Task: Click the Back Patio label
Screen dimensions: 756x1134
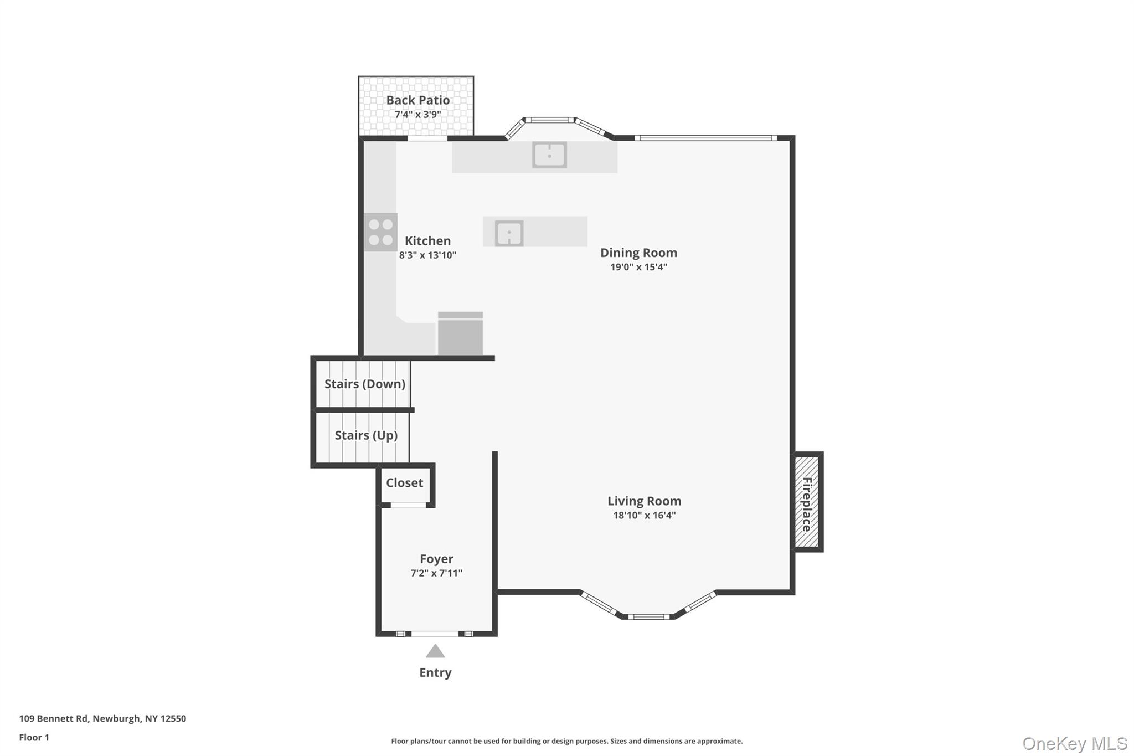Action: tap(417, 100)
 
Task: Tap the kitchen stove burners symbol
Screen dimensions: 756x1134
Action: tap(381, 232)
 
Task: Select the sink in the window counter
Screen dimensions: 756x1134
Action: tap(549, 155)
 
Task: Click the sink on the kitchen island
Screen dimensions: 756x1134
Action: tap(509, 233)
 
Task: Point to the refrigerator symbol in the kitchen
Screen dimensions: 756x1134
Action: tap(460, 334)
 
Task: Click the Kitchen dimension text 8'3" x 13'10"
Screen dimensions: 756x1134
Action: tap(427, 255)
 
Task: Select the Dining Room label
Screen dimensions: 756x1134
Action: tap(638, 253)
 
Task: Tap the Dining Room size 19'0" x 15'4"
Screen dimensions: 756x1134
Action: tap(638, 267)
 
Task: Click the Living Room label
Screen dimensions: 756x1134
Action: tap(644, 501)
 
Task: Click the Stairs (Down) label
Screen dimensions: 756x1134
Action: tap(364, 384)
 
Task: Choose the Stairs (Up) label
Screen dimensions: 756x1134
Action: tap(366, 435)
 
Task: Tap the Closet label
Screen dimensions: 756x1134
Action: tap(404, 483)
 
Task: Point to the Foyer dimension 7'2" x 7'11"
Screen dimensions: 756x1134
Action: tap(436, 573)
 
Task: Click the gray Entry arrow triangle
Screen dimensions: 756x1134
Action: tap(435, 652)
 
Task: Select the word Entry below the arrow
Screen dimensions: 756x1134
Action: tap(435, 672)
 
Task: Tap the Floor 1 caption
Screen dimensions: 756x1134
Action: tap(34, 737)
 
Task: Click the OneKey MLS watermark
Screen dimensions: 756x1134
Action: tap(1074, 743)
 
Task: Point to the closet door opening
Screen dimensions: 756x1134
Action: tap(408, 505)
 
